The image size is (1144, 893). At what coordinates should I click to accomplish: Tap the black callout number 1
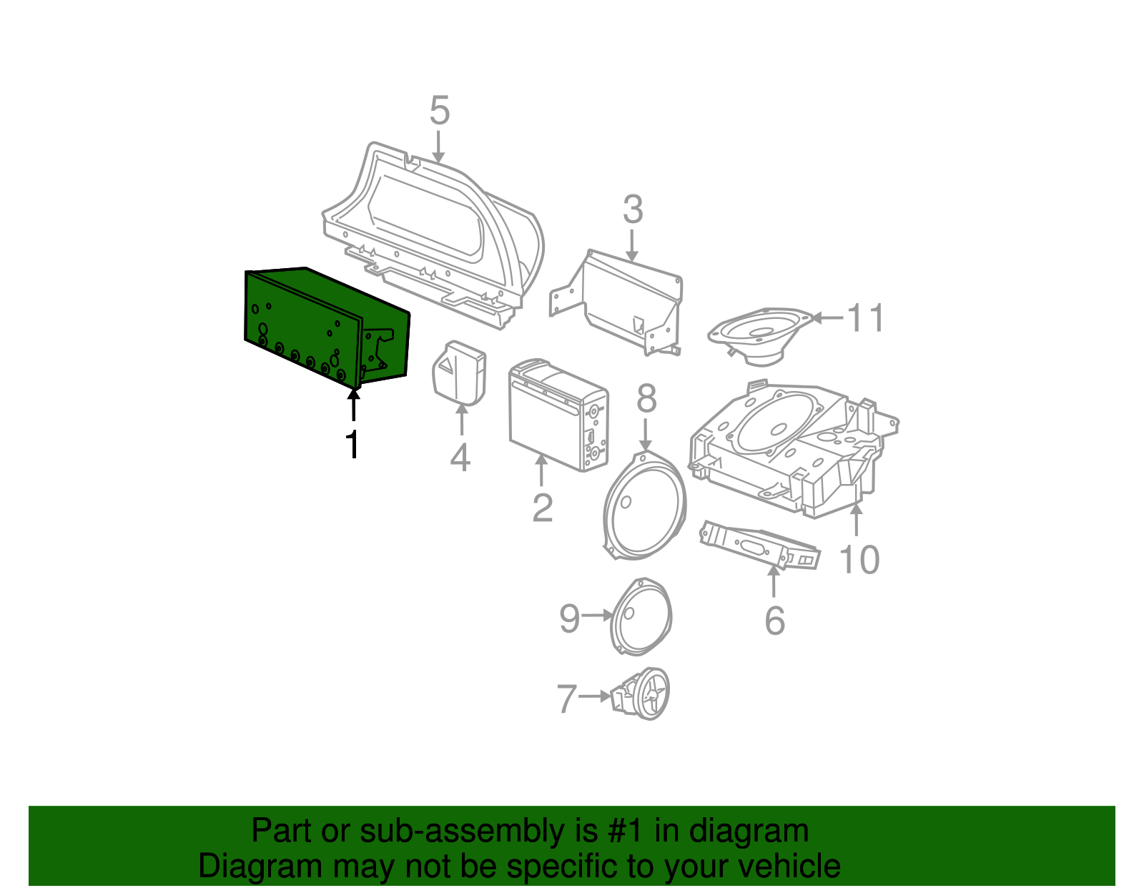coord(352,445)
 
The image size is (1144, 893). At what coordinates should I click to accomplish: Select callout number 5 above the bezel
coord(439,112)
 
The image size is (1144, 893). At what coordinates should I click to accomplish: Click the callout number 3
coord(632,210)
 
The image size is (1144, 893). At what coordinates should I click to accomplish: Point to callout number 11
coord(866,318)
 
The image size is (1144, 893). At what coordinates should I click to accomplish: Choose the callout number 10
coord(859,560)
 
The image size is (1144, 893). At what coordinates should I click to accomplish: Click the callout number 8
coord(646,398)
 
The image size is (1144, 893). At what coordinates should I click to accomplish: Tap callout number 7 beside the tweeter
coord(567,699)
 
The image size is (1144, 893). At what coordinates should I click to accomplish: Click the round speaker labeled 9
coord(641,617)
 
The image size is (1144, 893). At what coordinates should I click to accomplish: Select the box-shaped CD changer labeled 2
coord(558,415)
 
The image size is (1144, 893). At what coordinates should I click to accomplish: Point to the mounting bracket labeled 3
coord(622,297)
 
